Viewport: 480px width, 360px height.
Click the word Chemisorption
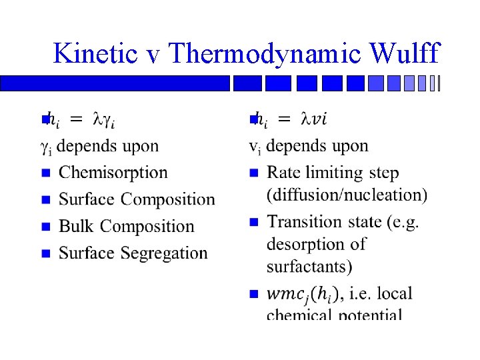(x=113, y=173)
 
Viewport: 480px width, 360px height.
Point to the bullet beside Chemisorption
(x=45, y=173)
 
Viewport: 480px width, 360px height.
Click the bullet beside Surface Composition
(x=45, y=200)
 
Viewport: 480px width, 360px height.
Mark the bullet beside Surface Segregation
(x=45, y=253)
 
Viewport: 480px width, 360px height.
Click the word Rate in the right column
(x=283, y=173)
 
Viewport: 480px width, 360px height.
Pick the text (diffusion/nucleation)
(x=347, y=195)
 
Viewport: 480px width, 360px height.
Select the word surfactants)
(x=309, y=267)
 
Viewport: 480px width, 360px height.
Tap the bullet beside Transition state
(x=253, y=222)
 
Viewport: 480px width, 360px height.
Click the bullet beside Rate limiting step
(x=253, y=173)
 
